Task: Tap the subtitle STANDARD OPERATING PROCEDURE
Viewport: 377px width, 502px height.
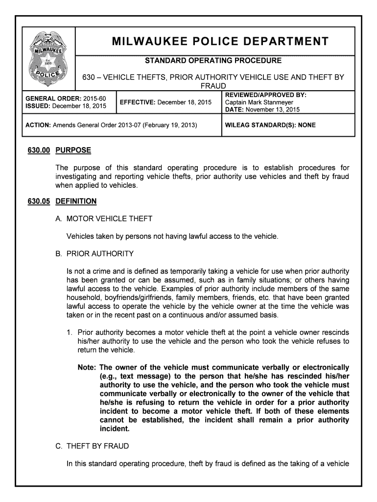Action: (x=212, y=61)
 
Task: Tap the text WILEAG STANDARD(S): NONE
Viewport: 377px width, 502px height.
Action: (x=270, y=125)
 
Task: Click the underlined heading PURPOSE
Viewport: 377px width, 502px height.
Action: (x=73, y=150)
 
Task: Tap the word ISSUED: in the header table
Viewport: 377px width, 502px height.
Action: (x=38, y=106)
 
